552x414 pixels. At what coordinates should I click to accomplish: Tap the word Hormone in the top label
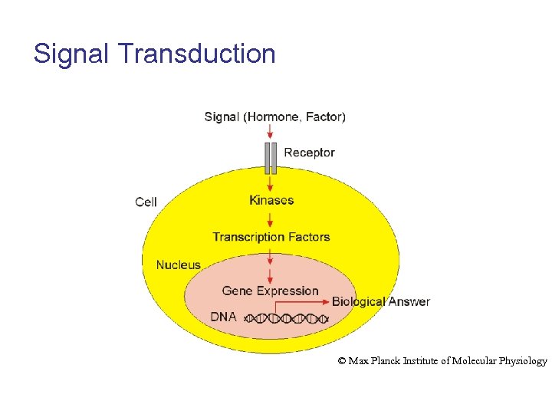click(x=272, y=117)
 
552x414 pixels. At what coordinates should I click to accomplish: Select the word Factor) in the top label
click(x=326, y=117)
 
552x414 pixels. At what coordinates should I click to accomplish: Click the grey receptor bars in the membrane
click(x=270, y=157)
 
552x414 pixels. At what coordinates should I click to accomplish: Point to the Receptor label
click(x=309, y=153)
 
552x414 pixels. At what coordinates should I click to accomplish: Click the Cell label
click(x=146, y=202)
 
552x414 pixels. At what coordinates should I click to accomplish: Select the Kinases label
click(x=271, y=200)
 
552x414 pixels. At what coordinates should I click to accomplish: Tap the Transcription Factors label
click(x=271, y=237)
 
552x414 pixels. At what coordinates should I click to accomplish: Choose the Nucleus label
click(x=178, y=265)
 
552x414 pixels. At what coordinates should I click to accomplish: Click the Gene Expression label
click(x=270, y=291)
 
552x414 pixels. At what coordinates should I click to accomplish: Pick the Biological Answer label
click(x=380, y=301)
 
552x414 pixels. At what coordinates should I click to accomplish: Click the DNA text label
click(x=223, y=317)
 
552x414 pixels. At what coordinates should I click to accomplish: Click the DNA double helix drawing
click(x=287, y=317)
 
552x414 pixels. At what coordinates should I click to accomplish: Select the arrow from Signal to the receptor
click(x=270, y=132)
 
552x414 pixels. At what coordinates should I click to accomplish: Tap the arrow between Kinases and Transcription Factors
click(x=270, y=219)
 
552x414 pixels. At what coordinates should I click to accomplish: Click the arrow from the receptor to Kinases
click(x=270, y=184)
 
